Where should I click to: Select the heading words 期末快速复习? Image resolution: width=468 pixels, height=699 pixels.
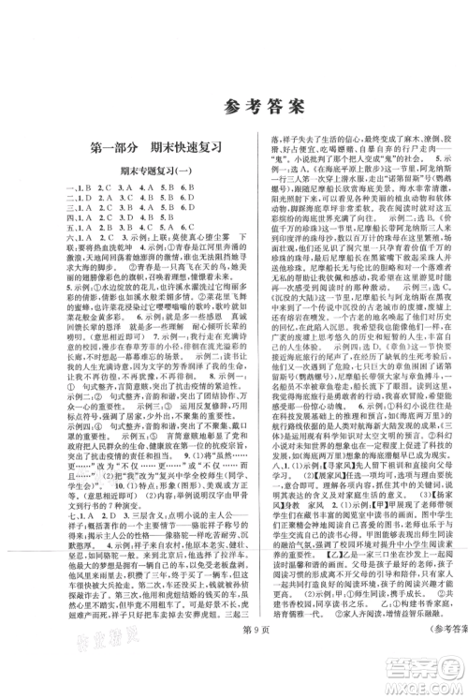191,148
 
